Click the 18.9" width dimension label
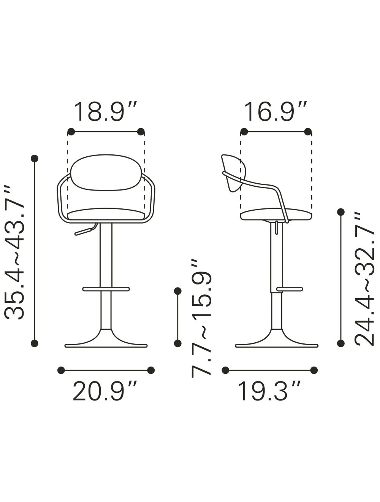click(x=106, y=112)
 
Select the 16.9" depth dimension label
click(x=275, y=112)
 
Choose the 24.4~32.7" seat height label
click(x=364, y=279)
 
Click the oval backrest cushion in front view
click(x=106, y=172)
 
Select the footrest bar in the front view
click(x=106, y=289)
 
